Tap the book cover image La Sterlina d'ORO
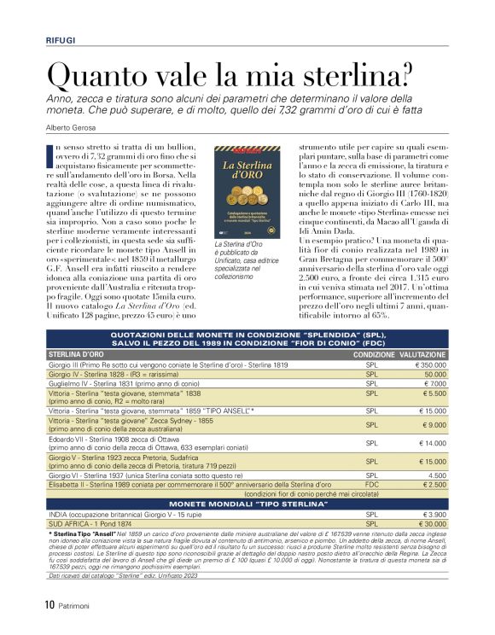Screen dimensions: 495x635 coord(246,192)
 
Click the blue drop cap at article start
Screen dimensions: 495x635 coord(50,153)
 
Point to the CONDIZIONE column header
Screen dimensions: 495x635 coord(374,353)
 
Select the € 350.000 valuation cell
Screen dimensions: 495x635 coord(426,364)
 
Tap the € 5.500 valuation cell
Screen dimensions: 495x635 coord(432,393)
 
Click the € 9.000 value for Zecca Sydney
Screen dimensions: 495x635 coord(432,425)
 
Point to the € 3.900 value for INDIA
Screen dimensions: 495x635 coord(432,515)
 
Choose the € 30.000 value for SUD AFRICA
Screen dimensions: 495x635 coord(430,524)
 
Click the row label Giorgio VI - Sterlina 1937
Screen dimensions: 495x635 coord(137,475)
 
